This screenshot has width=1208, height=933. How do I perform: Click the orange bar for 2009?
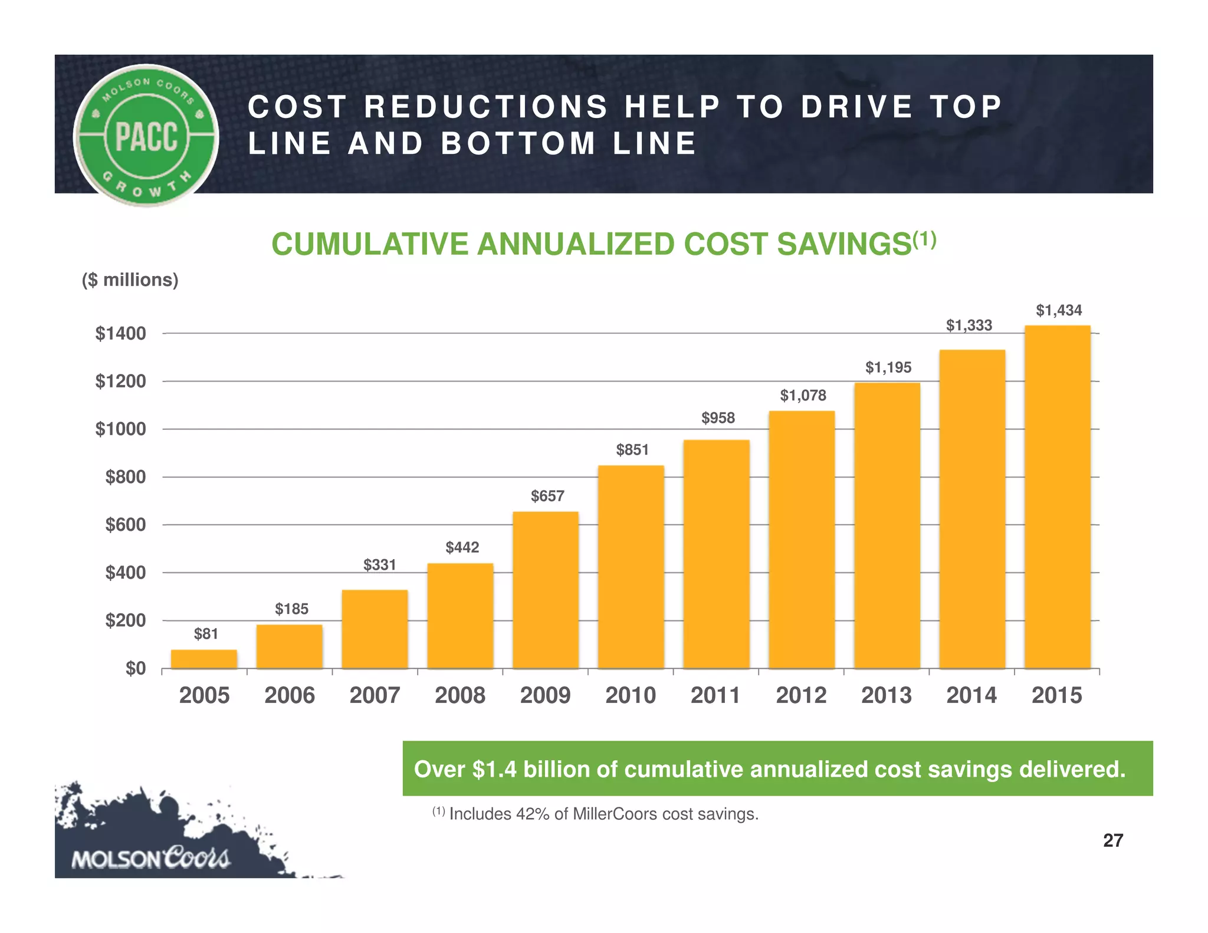(546, 590)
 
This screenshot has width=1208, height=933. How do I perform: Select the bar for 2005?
(204, 659)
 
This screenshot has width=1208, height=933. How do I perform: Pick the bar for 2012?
(802, 540)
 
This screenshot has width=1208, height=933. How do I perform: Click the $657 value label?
(547, 496)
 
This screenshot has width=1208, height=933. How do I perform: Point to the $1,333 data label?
(969, 325)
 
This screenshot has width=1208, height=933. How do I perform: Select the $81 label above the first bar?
(206, 634)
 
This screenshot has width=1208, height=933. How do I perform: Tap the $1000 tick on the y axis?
(120, 429)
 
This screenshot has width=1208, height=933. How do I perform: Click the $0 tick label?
(135, 668)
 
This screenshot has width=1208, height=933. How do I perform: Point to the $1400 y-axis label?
(120, 334)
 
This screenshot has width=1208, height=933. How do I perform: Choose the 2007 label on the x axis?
(375, 695)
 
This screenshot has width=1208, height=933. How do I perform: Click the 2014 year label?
(971, 695)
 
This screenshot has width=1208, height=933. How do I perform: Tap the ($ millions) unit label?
(130, 280)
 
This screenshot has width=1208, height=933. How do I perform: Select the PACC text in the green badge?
(146, 136)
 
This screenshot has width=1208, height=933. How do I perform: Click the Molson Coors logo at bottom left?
(150, 858)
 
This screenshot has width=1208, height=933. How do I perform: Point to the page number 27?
(1113, 840)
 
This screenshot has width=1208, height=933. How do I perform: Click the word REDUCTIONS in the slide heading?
(485, 107)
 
